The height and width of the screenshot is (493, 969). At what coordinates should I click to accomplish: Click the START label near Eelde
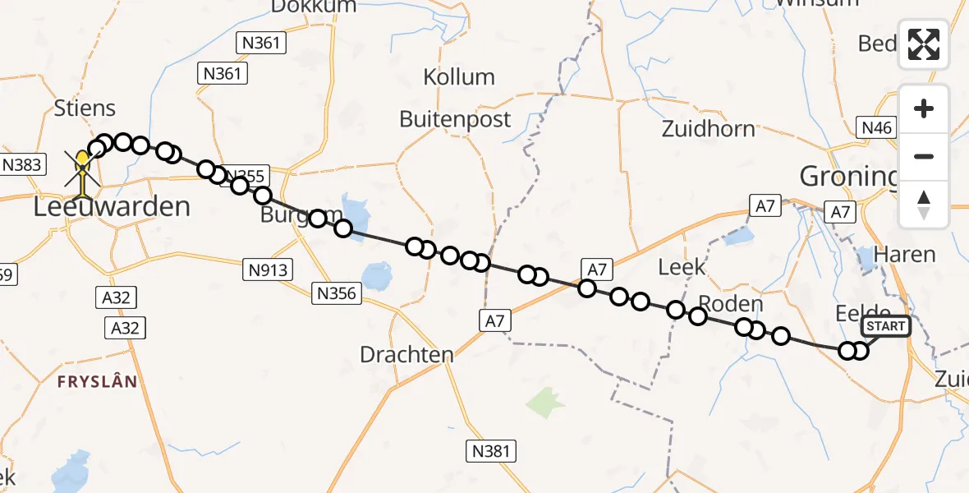point(886,326)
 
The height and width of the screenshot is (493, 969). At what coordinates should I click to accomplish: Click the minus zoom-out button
point(924,156)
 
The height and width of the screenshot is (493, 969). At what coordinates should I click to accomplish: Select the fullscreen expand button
point(924,44)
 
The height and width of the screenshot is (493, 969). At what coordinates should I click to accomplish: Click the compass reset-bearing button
point(924,204)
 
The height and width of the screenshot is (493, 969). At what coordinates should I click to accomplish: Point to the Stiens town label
point(85,108)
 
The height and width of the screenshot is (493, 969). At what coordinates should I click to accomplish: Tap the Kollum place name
point(459,77)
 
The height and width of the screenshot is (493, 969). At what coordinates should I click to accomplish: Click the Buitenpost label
point(455,119)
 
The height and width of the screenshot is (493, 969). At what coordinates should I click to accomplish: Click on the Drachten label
point(406,355)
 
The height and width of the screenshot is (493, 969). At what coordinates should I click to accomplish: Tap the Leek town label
point(682,267)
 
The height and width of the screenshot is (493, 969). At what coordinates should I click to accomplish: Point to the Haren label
point(905,255)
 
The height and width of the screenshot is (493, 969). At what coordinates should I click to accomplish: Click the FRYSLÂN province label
point(97,382)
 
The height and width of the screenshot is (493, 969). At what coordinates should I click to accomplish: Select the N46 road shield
point(875,127)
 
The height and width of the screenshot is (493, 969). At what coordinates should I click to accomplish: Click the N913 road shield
point(268,268)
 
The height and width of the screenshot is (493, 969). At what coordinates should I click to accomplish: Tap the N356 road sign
point(338,293)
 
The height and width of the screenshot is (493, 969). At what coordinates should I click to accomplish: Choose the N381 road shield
point(491,450)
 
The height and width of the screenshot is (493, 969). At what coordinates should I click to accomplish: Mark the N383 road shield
point(21,164)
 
